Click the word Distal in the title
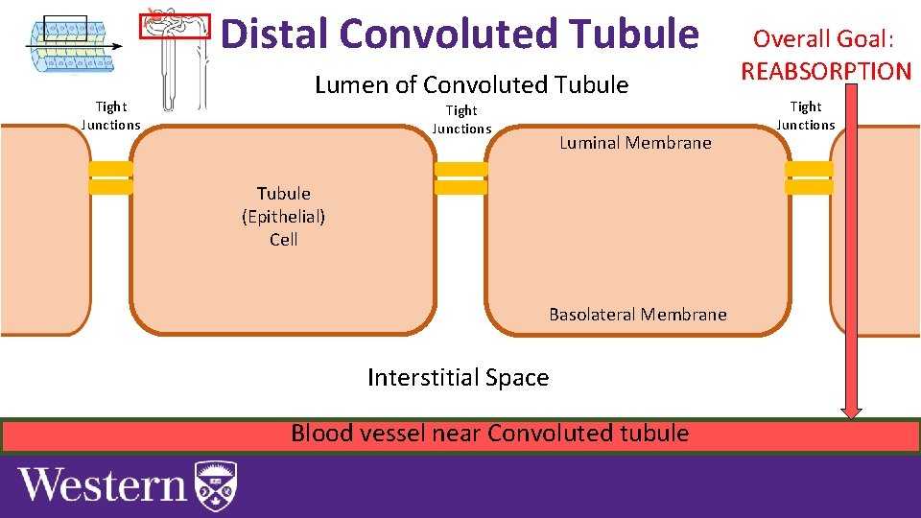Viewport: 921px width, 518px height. pyautogui.click(x=275, y=34)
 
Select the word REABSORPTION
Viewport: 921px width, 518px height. pyautogui.click(x=826, y=71)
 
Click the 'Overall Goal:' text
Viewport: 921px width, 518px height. pyautogui.click(x=823, y=39)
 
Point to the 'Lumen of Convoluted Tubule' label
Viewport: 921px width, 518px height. pyautogui.click(x=471, y=85)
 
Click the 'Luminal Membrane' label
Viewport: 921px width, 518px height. pyautogui.click(x=635, y=143)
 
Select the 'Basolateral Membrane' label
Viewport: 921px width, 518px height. pyautogui.click(x=637, y=315)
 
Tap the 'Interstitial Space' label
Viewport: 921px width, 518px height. pyautogui.click(x=458, y=378)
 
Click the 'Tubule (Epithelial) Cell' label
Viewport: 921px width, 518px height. pyautogui.click(x=283, y=217)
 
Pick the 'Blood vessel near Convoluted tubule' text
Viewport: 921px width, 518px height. pyautogui.click(x=489, y=434)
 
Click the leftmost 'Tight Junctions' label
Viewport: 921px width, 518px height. pyautogui.click(x=110, y=115)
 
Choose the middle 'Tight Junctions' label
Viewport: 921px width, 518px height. pyautogui.click(x=461, y=120)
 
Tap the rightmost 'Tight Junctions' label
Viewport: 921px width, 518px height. pyautogui.click(x=806, y=115)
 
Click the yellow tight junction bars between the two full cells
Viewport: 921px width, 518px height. pyautogui.click(x=461, y=178)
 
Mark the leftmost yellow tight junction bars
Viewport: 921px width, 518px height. pyautogui.click(x=110, y=178)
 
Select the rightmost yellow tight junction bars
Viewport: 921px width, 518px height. pyautogui.click(x=810, y=178)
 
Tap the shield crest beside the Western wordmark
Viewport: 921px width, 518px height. pyautogui.click(x=215, y=486)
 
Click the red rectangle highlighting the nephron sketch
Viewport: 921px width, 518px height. pyautogui.click(x=175, y=26)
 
